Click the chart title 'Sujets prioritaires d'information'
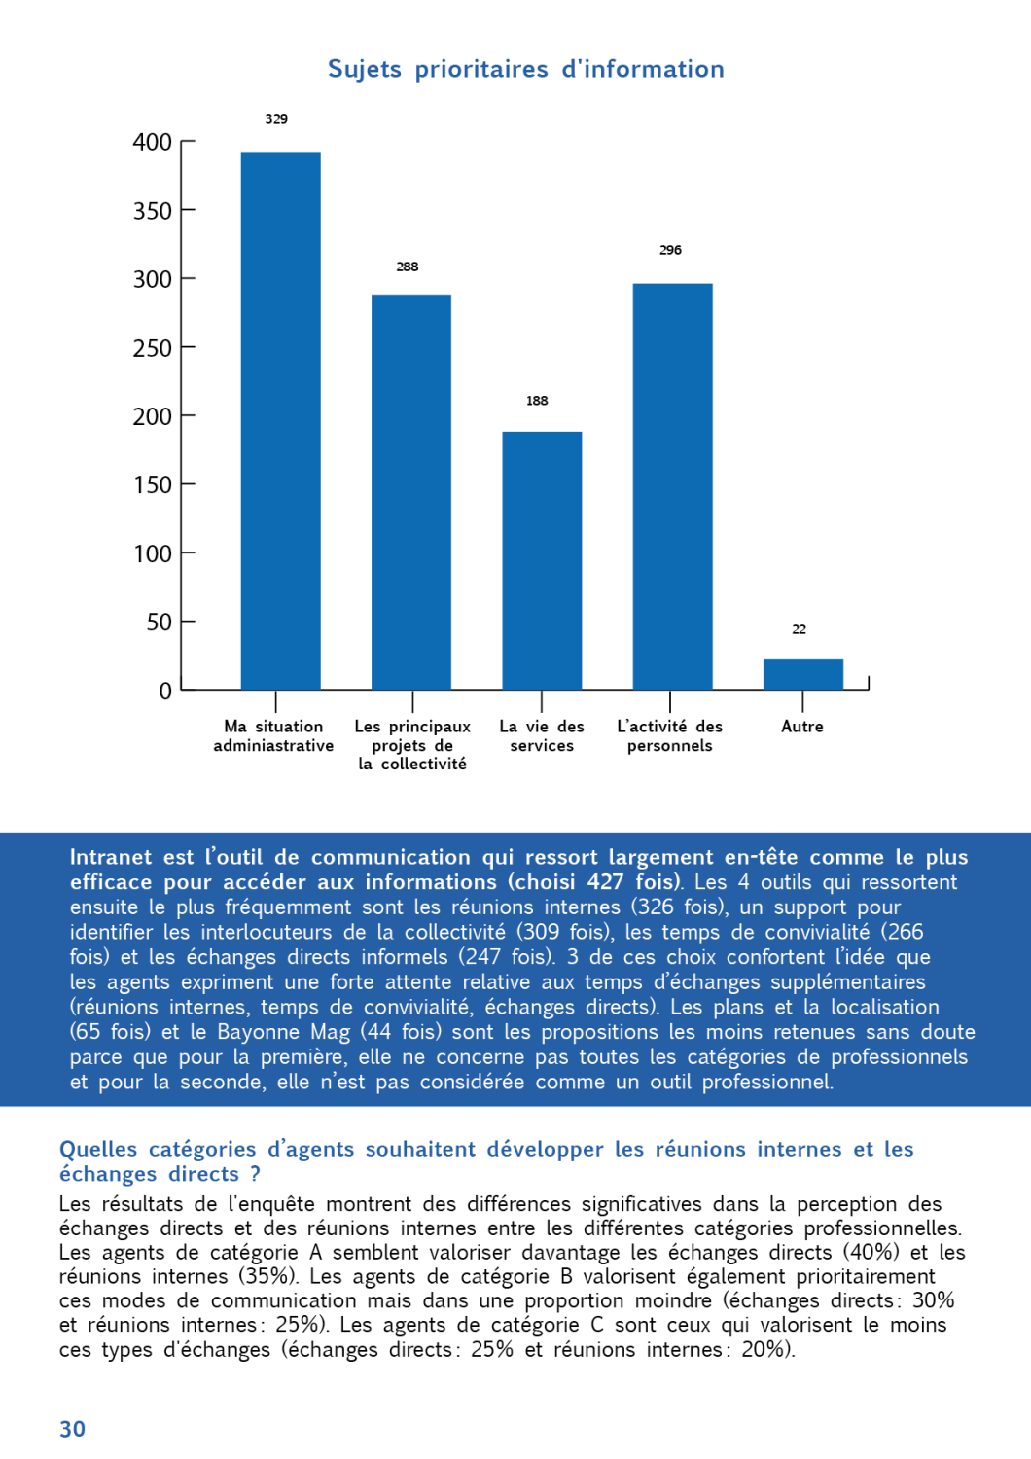(x=525, y=69)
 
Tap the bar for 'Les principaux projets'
(x=410, y=491)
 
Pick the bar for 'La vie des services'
(x=542, y=560)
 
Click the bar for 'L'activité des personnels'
(x=672, y=486)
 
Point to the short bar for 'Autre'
(x=802, y=674)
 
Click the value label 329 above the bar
(x=276, y=119)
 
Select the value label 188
(x=537, y=401)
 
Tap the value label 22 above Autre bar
(x=799, y=629)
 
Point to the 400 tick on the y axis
(x=153, y=143)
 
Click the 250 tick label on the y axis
(x=153, y=348)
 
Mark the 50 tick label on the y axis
(x=159, y=623)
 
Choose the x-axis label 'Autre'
(x=801, y=727)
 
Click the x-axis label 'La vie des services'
(x=542, y=736)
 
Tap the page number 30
(x=73, y=1429)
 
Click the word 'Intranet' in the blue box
(x=111, y=857)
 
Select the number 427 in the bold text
(x=605, y=882)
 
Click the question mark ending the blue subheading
(x=255, y=1174)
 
